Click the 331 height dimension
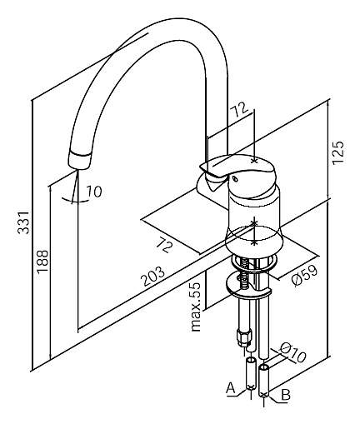click(23, 222)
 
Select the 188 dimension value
click(42, 262)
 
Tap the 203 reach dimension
click(153, 277)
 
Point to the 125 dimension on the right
click(338, 152)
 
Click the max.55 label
click(196, 307)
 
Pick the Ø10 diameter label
click(292, 352)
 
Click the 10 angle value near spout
click(93, 192)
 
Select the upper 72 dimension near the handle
click(239, 110)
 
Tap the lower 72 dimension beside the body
click(164, 244)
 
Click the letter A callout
click(231, 388)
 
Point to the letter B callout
click(286, 395)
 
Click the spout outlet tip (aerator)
click(79, 160)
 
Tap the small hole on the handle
click(235, 179)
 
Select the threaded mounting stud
click(245, 272)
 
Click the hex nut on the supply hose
click(243, 337)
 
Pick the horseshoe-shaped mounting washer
click(248, 287)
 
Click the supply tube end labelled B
click(263, 382)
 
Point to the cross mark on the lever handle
click(253, 161)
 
